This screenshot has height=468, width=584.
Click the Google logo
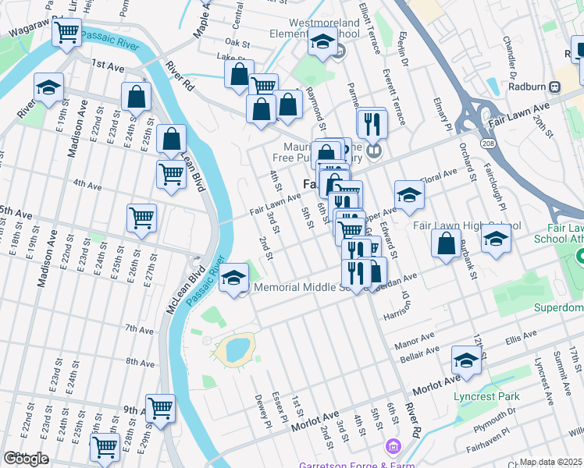[x=25, y=459]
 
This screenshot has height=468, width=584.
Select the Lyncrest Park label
[x=487, y=396]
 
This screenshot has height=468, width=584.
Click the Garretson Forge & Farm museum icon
[x=393, y=447]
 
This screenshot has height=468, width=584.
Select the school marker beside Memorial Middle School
[x=233, y=278]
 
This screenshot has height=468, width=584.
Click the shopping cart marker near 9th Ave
[x=160, y=408]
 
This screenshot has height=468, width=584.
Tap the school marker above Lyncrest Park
[x=466, y=361]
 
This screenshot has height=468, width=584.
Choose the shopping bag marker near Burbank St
[x=445, y=243]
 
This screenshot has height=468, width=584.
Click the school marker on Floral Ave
[x=408, y=194]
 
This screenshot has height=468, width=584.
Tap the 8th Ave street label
[x=140, y=363]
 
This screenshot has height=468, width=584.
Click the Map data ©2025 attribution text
[x=551, y=462]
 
